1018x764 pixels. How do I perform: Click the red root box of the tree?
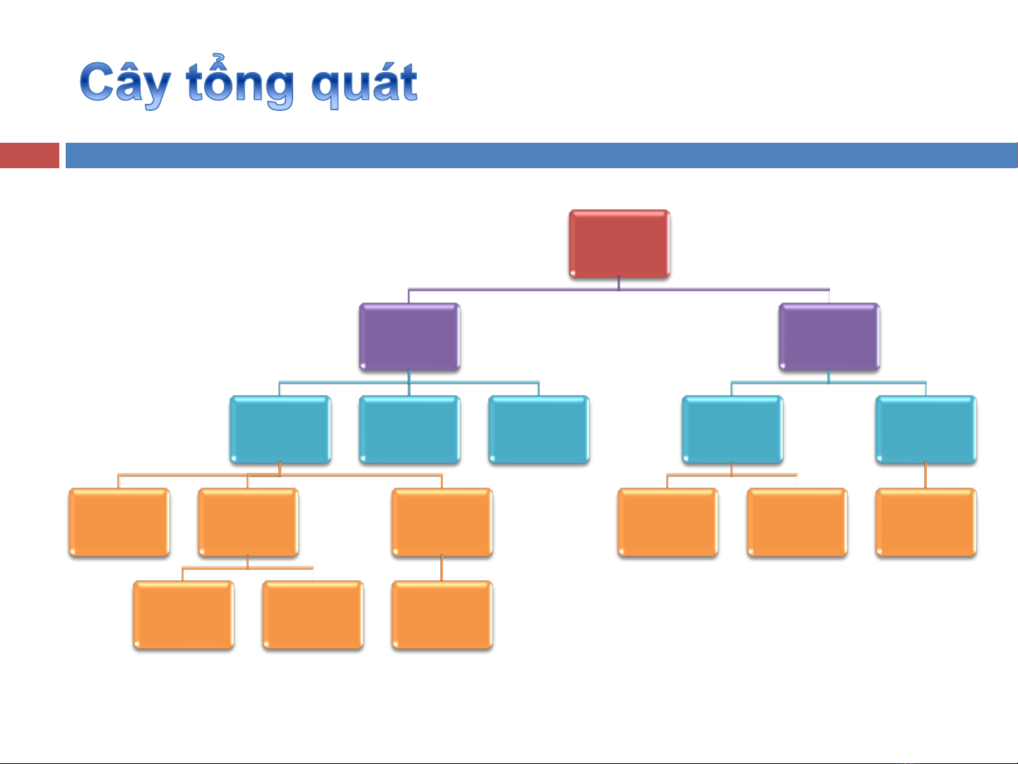(x=619, y=243)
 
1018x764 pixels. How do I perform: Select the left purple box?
(x=409, y=336)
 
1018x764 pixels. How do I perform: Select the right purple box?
(x=829, y=336)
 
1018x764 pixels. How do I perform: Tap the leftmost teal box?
(x=280, y=429)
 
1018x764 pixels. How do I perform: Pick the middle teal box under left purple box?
(x=409, y=429)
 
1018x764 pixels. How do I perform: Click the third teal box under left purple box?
(x=538, y=429)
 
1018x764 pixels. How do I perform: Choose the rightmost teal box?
(x=925, y=429)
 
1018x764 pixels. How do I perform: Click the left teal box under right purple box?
(x=732, y=429)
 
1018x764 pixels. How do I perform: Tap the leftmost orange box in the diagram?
(x=119, y=522)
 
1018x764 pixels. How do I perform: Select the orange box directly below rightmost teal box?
(x=925, y=522)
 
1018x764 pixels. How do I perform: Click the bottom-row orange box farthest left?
(x=183, y=615)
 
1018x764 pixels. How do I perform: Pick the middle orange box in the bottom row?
(x=312, y=615)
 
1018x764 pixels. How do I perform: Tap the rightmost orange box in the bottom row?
(x=442, y=615)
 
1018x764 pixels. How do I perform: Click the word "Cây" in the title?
(x=124, y=84)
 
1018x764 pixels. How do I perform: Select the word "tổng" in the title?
(x=240, y=84)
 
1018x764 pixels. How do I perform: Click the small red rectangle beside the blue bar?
(x=29, y=155)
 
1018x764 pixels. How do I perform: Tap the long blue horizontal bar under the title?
(x=540, y=155)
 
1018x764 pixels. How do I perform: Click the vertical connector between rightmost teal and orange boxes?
(x=925, y=476)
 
